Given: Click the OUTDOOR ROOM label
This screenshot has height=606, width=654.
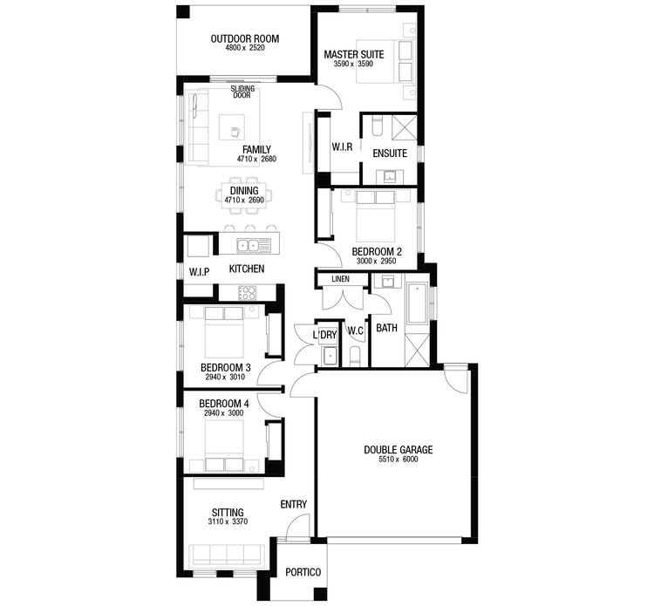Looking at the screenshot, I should tap(244, 38).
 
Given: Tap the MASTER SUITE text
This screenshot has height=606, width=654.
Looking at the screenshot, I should tap(353, 54).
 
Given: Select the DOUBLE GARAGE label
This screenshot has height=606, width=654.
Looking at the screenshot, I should tap(398, 450).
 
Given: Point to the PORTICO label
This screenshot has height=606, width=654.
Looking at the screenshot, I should tap(303, 572).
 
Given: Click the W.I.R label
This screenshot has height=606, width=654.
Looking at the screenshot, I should tap(342, 147).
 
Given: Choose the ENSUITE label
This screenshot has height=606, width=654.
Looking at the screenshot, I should tap(389, 153).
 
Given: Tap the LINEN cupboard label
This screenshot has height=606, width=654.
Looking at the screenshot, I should tap(341, 279).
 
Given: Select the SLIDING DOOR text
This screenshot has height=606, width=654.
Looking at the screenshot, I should tap(242, 92).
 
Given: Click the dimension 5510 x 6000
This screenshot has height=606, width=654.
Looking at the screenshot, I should tap(398, 460).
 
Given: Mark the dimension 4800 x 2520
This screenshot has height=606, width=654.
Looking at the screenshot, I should tap(244, 48).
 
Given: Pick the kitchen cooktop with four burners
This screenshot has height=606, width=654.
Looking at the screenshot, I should tap(249, 293).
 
